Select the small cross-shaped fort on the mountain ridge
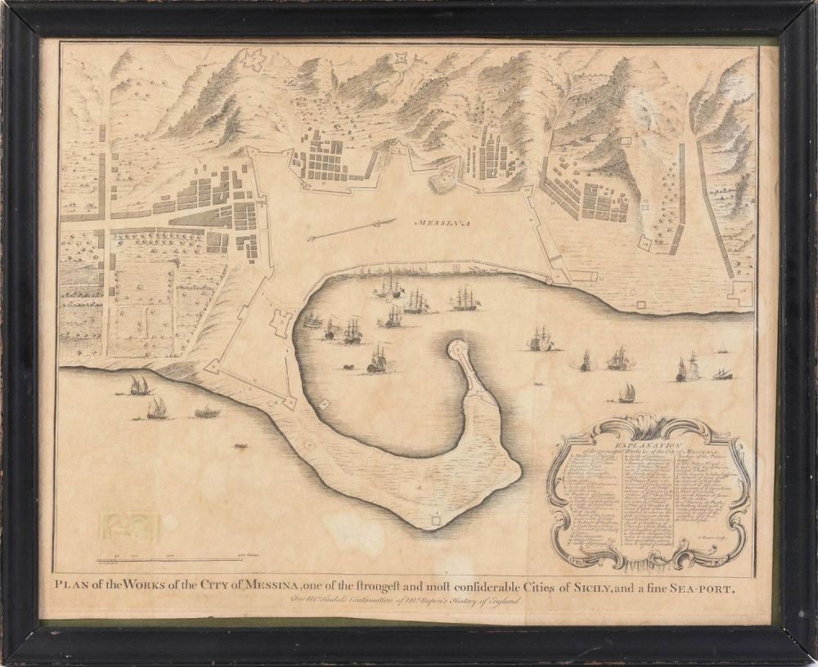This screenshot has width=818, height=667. pos(401,58)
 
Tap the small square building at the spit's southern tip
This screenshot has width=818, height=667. pos(436,515)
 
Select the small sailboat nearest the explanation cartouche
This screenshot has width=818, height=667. pos(627,395)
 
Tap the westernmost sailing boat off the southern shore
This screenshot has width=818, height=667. pos(137,385)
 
